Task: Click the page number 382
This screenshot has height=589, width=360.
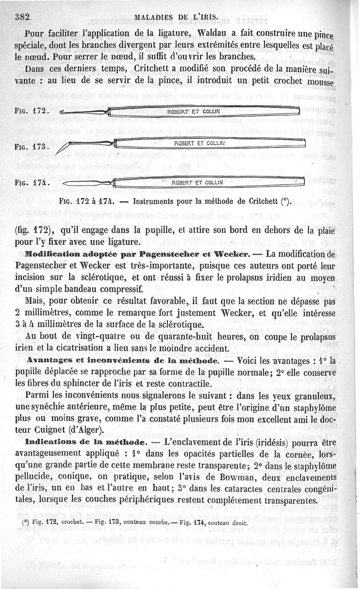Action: tap(22, 17)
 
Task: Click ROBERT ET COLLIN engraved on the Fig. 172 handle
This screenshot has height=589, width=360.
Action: tap(193, 111)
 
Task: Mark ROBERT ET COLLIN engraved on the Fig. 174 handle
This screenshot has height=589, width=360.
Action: tap(198, 182)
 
